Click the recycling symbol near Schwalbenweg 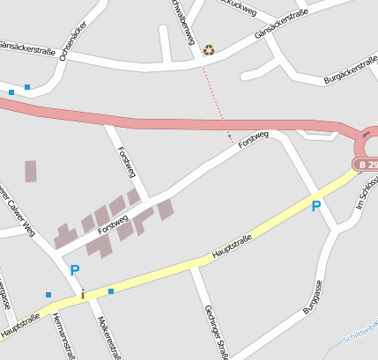click(209, 50)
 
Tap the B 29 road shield click(366, 165)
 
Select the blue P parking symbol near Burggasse click(315, 206)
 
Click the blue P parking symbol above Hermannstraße click(75, 270)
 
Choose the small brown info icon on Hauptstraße click(83, 294)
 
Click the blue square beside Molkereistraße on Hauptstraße click(111, 290)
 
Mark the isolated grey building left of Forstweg click(31, 171)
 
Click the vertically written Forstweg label click(125, 162)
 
